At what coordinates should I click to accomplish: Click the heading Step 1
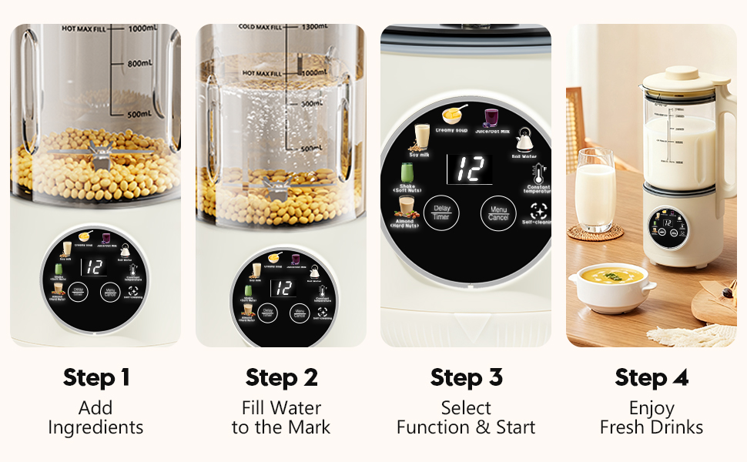point(95,378)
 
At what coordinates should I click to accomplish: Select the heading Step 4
point(652,378)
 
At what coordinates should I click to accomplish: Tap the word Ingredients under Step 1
point(95,427)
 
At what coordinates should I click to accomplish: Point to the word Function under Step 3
point(432,427)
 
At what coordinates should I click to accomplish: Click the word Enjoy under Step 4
point(652,408)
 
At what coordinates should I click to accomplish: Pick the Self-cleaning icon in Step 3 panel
point(538,209)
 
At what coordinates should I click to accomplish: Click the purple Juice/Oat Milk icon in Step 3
point(491,118)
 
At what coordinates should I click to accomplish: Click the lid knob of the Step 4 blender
point(683,72)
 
